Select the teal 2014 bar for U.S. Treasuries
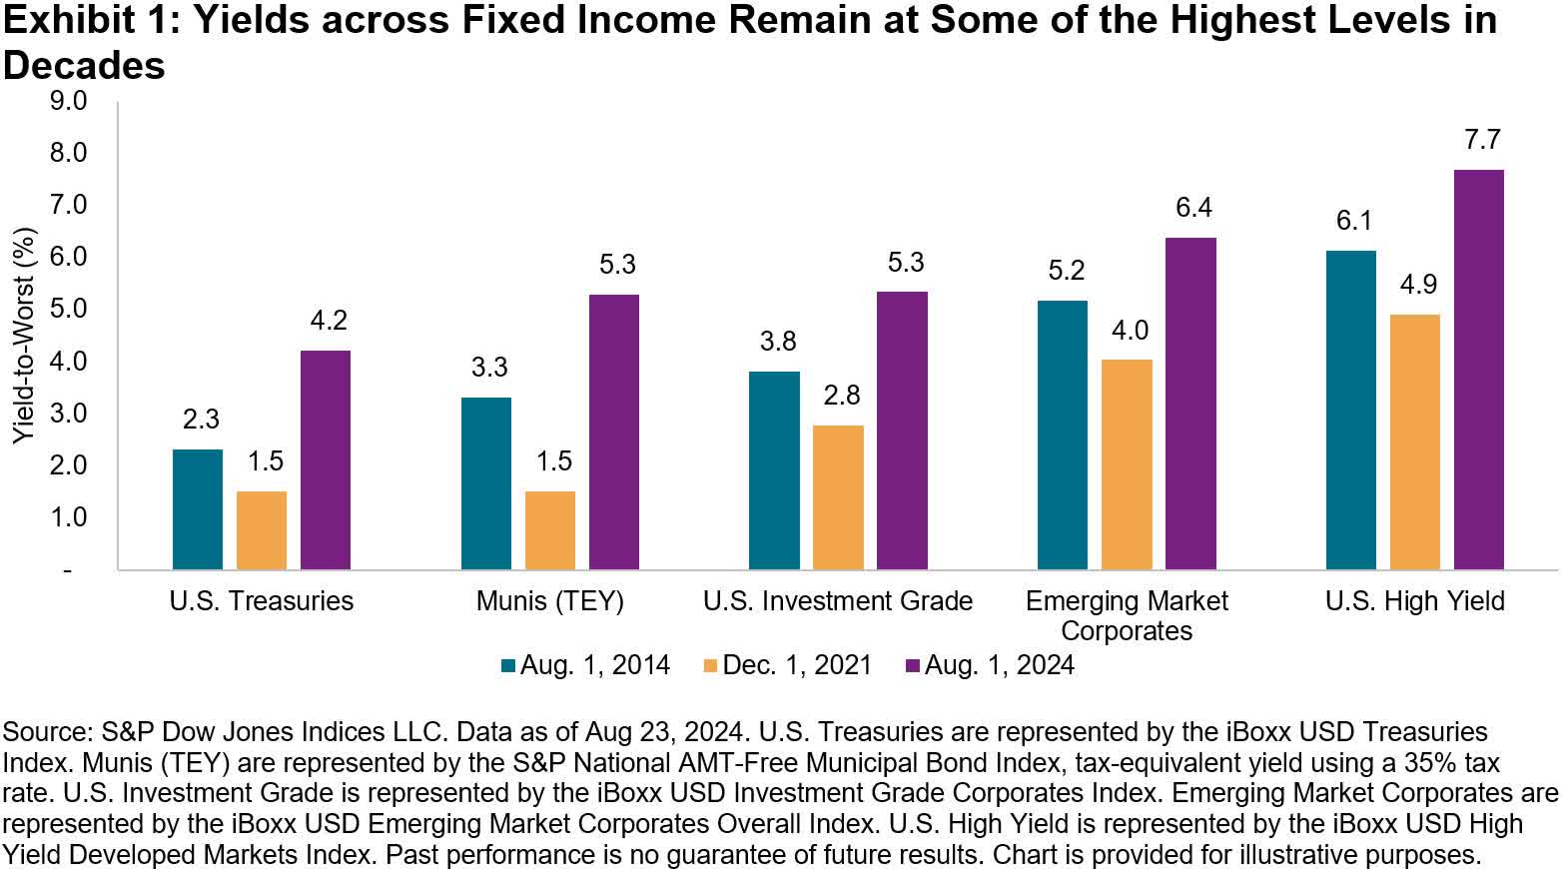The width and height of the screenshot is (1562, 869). coord(198,509)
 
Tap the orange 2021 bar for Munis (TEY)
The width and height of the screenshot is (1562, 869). coord(549,530)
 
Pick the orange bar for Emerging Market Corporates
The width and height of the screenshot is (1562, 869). coord(1127,464)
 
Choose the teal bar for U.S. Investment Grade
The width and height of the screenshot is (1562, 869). coord(774,470)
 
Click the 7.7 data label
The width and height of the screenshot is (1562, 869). coord(1482,140)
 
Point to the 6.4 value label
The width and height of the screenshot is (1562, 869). coord(1193,208)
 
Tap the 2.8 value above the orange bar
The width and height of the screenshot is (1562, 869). coord(841,396)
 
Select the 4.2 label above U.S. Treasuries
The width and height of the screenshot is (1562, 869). coord(328,321)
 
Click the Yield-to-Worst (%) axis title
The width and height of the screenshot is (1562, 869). coord(24,336)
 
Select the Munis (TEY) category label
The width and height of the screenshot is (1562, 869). coord(549,601)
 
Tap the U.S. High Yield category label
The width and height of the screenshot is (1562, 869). coord(1414,601)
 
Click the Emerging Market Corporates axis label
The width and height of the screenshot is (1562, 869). coord(1127,615)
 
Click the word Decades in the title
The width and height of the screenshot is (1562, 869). coord(84,66)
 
